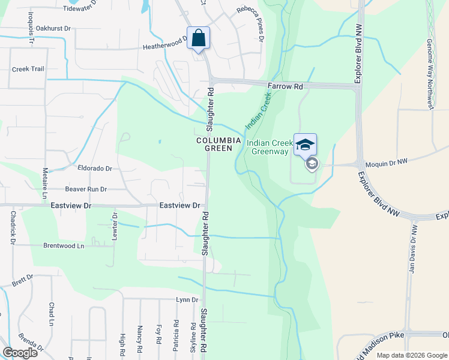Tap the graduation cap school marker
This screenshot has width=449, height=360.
tap(305, 145)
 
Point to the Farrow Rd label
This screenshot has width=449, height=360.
tap(286, 86)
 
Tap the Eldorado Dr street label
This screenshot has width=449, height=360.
tap(95, 169)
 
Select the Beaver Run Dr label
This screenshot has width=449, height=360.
tap(86, 189)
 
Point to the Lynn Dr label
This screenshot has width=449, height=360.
tap(187, 299)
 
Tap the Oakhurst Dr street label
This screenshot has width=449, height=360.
tap(53, 28)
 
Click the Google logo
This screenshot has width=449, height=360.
tap(20, 353)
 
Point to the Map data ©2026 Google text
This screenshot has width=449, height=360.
tap(411, 355)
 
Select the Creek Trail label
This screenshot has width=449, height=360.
tap(28, 69)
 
